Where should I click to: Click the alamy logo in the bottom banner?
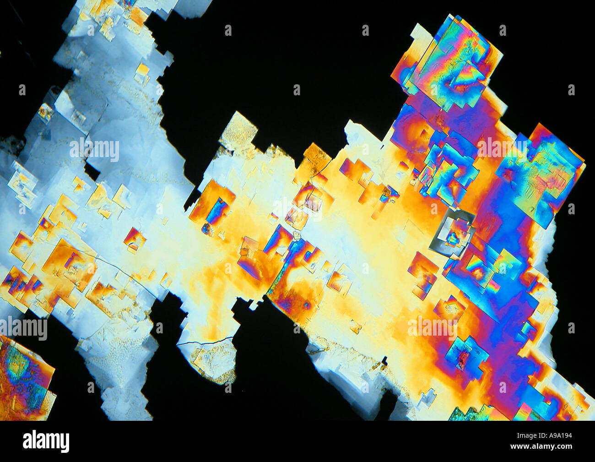pyautogui.click(x=46, y=441)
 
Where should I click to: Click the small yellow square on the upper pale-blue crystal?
pyautogui.click(x=142, y=71)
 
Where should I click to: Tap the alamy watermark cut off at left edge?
pyautogui.click(x=23, y=328)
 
